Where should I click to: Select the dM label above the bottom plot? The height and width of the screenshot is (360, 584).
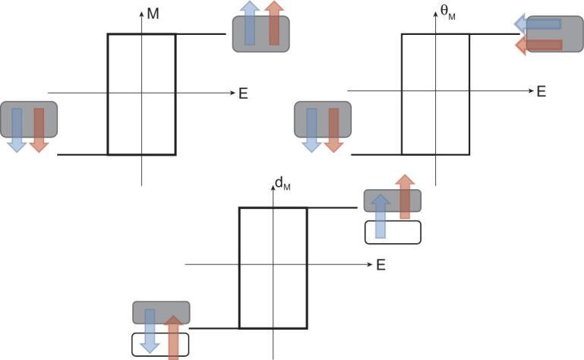coord(283,183)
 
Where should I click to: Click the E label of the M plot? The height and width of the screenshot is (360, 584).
coord(243,94)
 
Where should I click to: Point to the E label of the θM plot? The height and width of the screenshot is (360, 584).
coord(541,92)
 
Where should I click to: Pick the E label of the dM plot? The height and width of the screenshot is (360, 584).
coord(380,265)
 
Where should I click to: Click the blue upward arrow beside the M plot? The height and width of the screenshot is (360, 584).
coord(250,24)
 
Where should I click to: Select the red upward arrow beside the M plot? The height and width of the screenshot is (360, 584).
coord(274,24)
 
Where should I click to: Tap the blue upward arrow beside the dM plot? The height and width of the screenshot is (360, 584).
coord(380,216)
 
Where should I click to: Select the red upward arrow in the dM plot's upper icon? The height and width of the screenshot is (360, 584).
coord(405,197)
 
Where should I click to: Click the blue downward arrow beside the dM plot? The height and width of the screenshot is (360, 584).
coord(150,330)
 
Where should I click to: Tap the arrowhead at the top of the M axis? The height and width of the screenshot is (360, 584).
coord(141,14)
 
